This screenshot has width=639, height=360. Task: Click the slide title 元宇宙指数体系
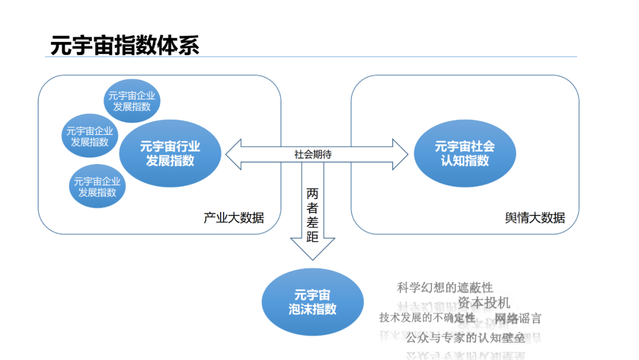coord(125,46)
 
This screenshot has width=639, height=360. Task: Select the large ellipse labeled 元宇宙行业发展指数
coord(170,154)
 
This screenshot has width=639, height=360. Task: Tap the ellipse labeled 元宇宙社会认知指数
coord(464,153)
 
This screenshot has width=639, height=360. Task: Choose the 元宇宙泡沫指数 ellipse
coord(312,302)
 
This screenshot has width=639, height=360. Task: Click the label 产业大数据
coord(234,217)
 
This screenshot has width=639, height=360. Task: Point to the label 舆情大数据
coord(534,217)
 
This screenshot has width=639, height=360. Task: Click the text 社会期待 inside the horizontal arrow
coord(313,154)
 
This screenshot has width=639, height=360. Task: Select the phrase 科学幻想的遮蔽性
coord(445,288)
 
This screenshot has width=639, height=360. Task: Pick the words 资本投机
coord(483,303)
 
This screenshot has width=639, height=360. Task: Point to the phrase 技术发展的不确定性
coord(427,318)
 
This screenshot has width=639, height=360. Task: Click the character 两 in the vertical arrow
coord(312,193)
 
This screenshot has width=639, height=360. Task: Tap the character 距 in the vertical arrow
coord(312,236)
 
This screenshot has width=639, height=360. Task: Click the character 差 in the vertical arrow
coord(312,222)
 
